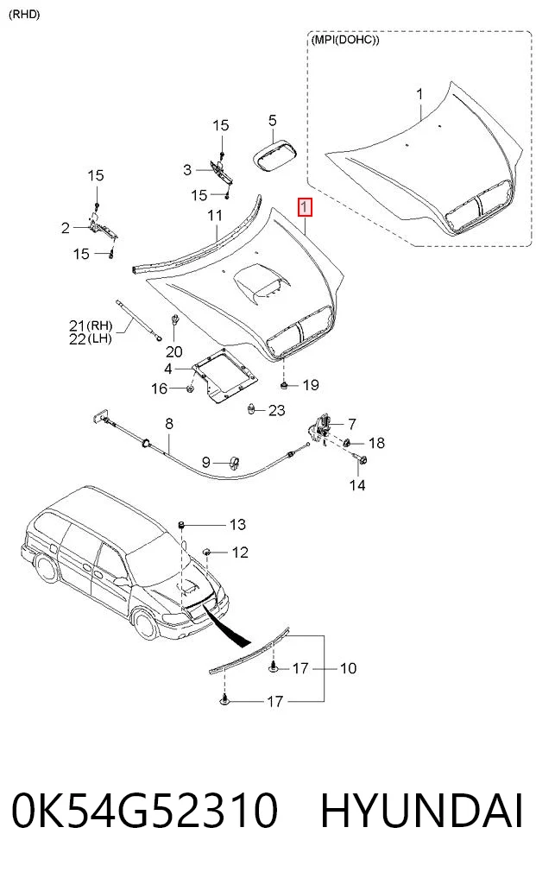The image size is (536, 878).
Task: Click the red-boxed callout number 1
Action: [305, 208]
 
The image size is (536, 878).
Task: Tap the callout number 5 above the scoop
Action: [272, 120]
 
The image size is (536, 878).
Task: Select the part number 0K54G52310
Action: [144, 811]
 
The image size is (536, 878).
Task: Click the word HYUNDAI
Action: [421, 811]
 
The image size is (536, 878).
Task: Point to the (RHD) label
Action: [25, 15]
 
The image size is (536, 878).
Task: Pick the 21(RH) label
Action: [91, 325]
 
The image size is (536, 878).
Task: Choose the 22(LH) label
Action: [91, 338]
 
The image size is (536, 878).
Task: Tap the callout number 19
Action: [311, 385]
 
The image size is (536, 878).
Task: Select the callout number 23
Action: [277, 410]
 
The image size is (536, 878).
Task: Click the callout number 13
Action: [237, 524]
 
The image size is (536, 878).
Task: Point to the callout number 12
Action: [240, 553]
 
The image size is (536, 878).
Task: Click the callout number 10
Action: [348, 668]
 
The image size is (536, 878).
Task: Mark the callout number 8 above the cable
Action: [169, 424]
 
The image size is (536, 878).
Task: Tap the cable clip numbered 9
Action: [234, 462]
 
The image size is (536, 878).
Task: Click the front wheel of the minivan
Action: [146, 625]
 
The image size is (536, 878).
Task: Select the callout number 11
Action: [215, 215]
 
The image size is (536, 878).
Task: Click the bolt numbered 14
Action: [361, 461]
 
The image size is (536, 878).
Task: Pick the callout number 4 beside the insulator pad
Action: [168, 369]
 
